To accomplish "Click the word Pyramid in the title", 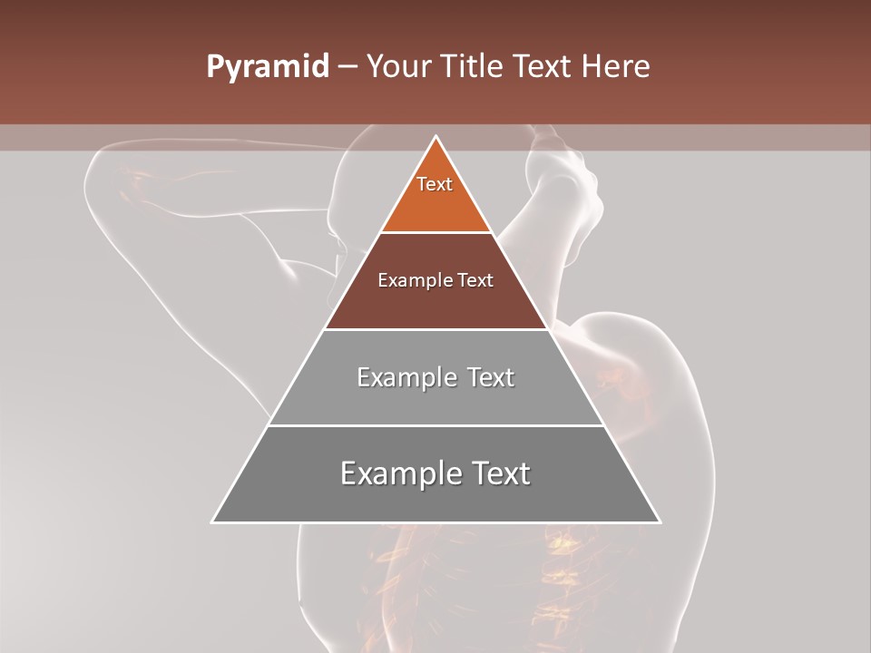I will tap(268, 67).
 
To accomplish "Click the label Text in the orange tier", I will tap(435, 184).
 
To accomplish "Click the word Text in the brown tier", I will tap(476, 281).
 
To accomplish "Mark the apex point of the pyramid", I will tap(436, 137).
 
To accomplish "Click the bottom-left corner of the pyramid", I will tap(213, 521).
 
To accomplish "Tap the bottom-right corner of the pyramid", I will tap(660, 521).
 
